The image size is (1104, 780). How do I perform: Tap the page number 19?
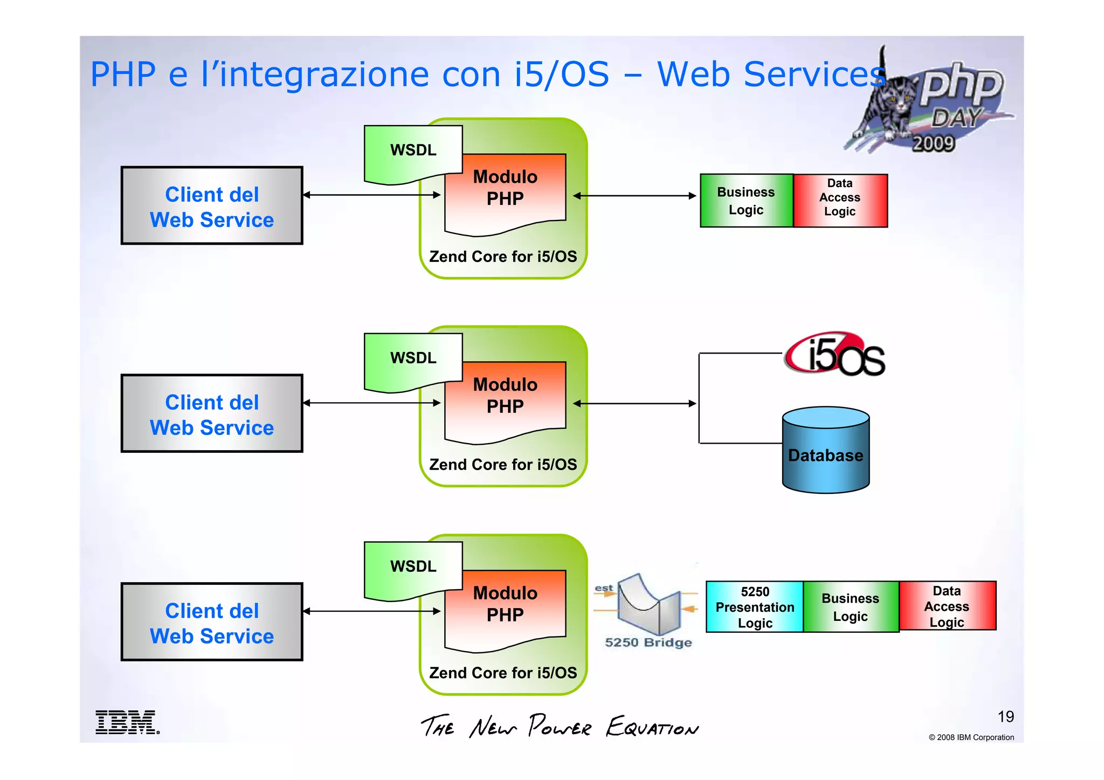[x=1005, y=716]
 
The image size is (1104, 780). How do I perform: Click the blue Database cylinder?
[x=825, y=451]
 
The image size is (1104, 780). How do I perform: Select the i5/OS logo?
[x=834, y=355]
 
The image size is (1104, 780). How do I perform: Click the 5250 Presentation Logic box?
[x=754, y=607]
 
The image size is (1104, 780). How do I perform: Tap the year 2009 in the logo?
[x=933, y=143]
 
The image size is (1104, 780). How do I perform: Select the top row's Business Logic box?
[x=746, y=201]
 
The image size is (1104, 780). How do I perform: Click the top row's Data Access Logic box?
[x=840, y=201]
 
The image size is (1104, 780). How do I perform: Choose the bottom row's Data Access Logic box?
[x=947, y=606]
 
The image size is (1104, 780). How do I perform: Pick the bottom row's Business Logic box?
[x=851, y=607]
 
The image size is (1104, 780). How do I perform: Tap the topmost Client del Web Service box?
[x=212, y=206]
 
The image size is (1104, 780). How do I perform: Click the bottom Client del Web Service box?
[x=212, y=623]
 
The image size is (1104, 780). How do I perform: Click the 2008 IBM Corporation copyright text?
[x=971, y=737]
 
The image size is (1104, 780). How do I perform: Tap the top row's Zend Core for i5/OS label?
[x=502, y=257]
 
